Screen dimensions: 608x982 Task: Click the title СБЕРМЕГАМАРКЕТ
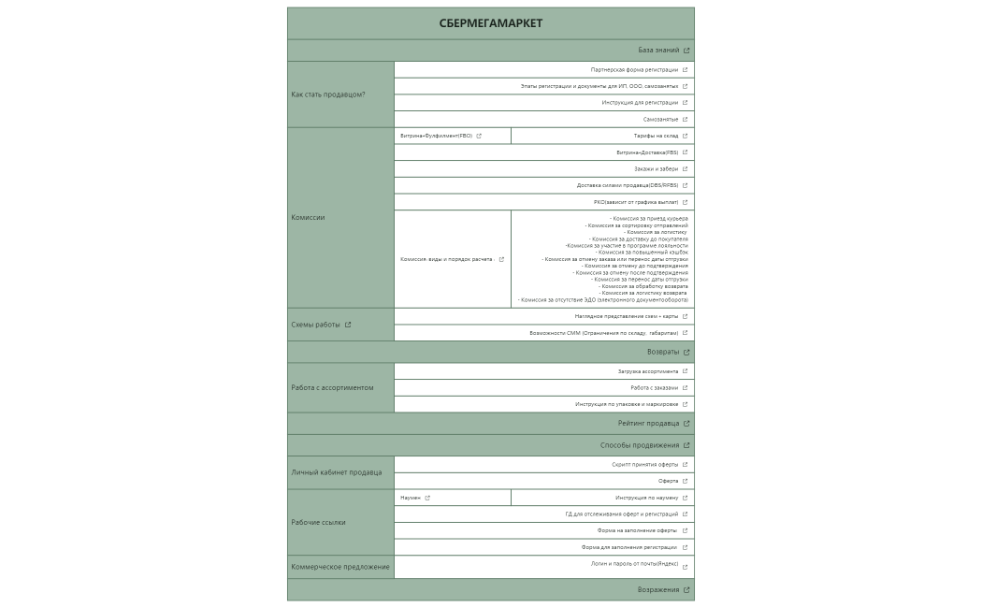(x=490, y=23)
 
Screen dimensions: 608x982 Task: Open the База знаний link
(x=659, y=51)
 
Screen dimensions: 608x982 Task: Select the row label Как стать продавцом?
(x=328, y=94)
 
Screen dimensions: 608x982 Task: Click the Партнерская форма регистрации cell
(x=634, y=70)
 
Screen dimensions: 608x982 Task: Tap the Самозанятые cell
(x=660, y=120)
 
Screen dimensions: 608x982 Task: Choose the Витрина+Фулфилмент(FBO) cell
(x=437, y=136)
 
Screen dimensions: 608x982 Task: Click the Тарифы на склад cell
(x=656, y=136)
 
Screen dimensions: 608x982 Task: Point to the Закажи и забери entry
(x=656, y=169)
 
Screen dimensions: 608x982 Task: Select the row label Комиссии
(x=308, y=217)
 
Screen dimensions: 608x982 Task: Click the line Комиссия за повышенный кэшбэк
(x=643, y=253)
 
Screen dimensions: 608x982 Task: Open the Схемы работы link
(x=316, y=325)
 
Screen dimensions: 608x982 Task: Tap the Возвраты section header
(x=663, y=353)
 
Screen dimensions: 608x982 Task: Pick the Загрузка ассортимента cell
(x=648, y=371)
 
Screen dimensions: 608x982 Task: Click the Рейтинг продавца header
(x=648, y=424)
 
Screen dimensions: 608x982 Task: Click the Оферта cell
(x=668, y=481)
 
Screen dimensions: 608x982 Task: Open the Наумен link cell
(x=411, y=498)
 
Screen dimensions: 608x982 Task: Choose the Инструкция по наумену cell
(x=646, y=498)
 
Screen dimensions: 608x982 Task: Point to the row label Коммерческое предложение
(x=340, y=567)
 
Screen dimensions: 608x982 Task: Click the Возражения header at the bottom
(x=658, y=590)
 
